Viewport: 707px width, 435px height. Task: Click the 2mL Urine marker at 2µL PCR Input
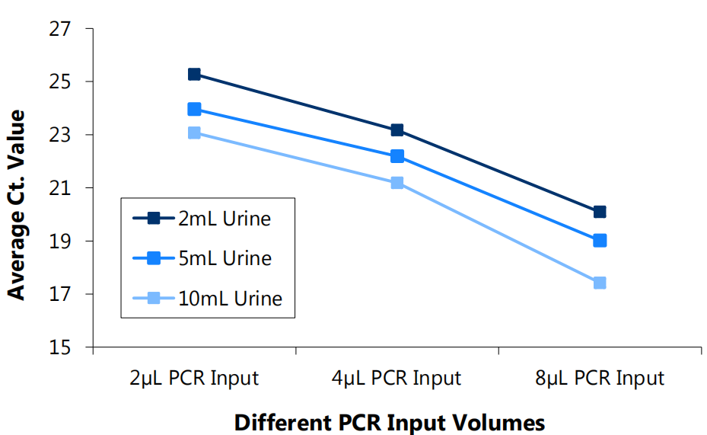(x=194, y=74)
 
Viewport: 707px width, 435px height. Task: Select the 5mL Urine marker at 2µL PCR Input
(x=194, y=109)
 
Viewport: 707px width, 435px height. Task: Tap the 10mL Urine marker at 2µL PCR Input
(x=194, y=133)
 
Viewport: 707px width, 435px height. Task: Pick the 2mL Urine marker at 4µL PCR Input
(x=397, y=130)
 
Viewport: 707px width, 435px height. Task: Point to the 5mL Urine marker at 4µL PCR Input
(x=397, y=156)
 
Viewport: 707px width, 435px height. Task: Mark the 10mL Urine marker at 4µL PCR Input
(x=397, y=183)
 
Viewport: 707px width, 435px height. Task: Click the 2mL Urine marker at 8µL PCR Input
(x=600, y=212)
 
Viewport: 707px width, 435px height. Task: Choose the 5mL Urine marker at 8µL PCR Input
(x=600, y=241)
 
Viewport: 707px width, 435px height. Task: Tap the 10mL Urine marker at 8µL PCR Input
(x=600, y=283)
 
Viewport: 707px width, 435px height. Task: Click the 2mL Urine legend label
(x=225, y=219)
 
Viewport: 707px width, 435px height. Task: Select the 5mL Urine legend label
(x=225, y=258)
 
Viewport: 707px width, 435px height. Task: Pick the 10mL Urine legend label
(x=230, y=298)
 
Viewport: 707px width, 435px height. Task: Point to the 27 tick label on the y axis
(x=63, y=29)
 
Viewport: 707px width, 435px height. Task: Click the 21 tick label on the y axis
(x=63, y=188)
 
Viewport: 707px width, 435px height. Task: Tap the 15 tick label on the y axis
(x=63, y=347)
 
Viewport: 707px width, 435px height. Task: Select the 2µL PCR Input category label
(x=194, y=378)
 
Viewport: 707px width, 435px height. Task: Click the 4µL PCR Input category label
(x=397, y=378)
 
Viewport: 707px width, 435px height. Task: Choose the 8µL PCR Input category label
(x=600, y=378)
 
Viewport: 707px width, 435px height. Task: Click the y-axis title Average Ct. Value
(x=16, y=204)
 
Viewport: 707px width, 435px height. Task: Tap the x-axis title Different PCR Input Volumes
(x=390, y=421)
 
